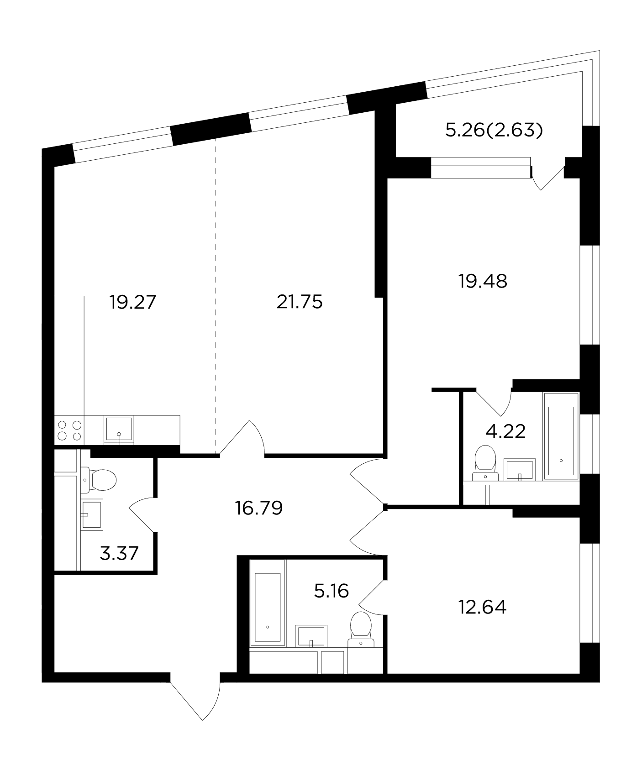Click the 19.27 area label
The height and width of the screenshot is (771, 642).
(133, 302)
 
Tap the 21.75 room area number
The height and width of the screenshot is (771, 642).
(300, 302)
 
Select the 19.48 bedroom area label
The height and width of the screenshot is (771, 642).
(483, 281)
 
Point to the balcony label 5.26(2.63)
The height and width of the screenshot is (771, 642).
(494, 131)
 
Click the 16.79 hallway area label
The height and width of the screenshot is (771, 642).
(259, 508)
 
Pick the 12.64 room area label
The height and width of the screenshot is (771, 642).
(482, 607)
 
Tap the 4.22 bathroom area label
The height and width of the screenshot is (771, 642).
(505, 431)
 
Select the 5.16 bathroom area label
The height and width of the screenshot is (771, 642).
(332, 591)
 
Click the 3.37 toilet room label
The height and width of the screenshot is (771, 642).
(119, 554)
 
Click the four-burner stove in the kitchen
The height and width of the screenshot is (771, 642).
(70, 430)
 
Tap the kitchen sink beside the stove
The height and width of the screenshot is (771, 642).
(119, 430)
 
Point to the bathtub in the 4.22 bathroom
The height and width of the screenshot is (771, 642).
(561, 436)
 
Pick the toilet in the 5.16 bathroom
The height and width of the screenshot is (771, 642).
(361, 629)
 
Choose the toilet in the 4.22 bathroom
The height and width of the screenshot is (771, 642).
(485, 462)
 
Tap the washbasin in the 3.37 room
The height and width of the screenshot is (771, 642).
(92, 514)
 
